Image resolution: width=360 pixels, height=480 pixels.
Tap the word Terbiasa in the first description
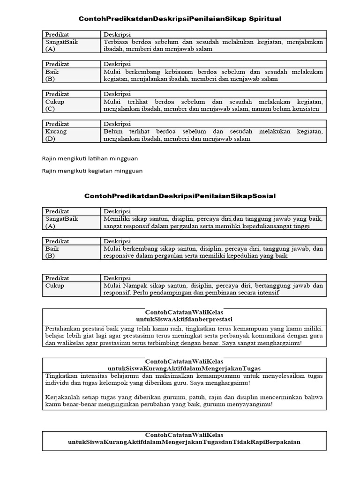(x=116, y=42)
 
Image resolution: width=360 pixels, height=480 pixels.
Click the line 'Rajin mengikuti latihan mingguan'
(x=90, y=158)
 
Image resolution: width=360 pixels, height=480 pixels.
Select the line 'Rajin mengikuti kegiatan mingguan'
(x=92, y=171)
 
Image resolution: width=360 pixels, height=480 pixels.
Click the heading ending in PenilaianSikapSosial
(x=180, y=195)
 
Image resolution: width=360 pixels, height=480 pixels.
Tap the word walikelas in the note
(x=69, y=343)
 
